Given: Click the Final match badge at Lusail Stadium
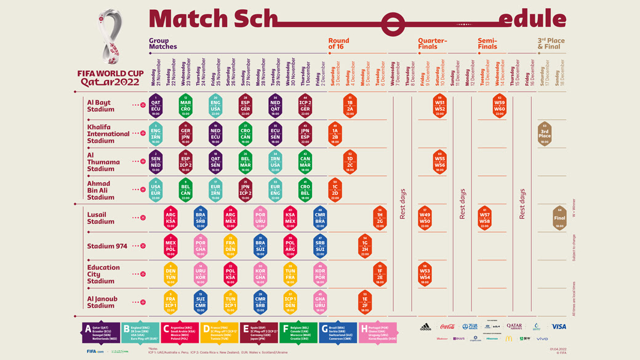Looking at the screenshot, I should click(x=559, y=218).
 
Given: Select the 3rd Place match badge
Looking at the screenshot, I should click(x=545, y=134).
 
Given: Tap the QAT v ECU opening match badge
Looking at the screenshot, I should click(x=156, y=105).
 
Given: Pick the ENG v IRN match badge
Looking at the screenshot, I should click(x=156, y=134).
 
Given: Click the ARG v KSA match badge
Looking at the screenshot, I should click(x=171, y=218).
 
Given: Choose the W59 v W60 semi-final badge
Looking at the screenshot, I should click(x=500, y=105).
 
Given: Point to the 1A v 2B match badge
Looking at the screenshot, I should click(x=335, y=134).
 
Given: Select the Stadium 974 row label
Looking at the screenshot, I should click(x=107, y=246).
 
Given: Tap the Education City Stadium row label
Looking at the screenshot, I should click(x=103, y=274).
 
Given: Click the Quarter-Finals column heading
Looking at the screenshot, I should click(x=433, y=44).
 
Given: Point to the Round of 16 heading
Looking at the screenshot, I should click(x=339, y=44).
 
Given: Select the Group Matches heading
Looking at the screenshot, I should click(x=163, y=44).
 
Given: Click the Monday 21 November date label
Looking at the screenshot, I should click(x=156, y=73).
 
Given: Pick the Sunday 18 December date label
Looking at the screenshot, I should click(x=559, y=73).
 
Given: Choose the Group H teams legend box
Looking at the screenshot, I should click(x=378, y=332).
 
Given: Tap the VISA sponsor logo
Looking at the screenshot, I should click(x=558, y=327).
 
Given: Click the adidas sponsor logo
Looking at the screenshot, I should click(x=425, y=327).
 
